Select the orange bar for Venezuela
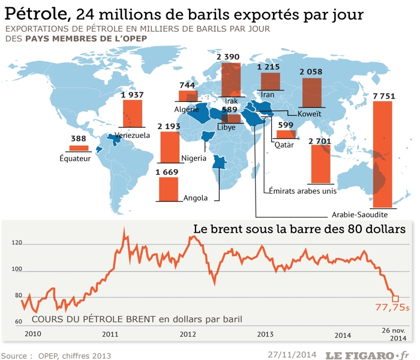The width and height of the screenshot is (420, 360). (132, 113)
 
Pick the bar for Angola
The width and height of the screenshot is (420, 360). (169, 189)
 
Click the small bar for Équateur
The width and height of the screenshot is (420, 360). (79, 148)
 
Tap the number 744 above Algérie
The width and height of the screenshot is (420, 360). (187, 85)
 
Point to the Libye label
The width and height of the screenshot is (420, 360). (226, 127)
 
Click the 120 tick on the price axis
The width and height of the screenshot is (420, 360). (17, 243)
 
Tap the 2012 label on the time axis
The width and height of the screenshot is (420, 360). (188, 334)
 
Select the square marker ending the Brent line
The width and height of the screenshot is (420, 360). (395, 298)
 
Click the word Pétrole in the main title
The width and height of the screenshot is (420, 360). (37, 13)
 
